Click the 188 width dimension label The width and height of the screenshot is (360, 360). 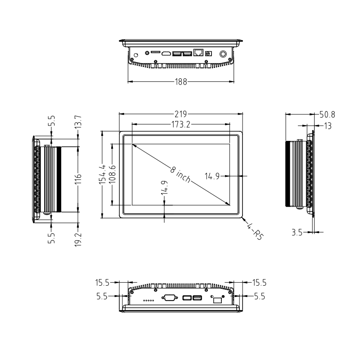(181, 81)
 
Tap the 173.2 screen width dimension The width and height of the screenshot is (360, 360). (181, 124)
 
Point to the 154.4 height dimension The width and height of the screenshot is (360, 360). (103, 174)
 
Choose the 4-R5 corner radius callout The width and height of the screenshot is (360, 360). (255, 232)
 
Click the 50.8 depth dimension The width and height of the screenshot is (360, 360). (327, 115)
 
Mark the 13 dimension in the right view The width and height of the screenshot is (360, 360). (327, 126)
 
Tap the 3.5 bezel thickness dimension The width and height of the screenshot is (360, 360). (297, 232)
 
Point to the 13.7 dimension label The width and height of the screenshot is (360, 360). (78, 121)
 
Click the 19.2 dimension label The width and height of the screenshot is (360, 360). (78, 238)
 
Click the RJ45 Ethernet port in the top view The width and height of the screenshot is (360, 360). (198, 52)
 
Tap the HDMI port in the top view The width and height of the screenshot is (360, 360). (166, 54)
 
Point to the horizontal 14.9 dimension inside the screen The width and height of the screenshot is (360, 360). (212, 176)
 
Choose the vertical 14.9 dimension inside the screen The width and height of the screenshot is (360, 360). (165, 188)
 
